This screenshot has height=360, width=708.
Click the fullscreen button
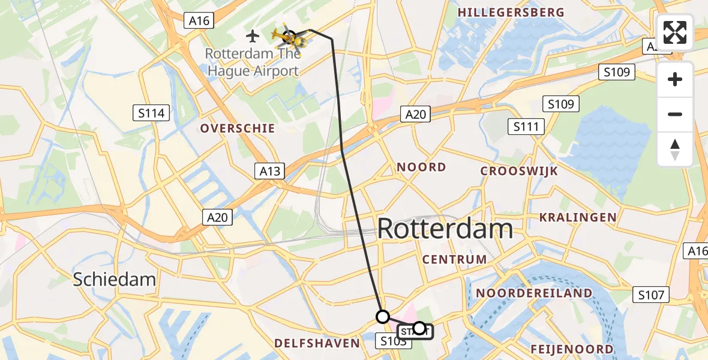(x=675, y=32)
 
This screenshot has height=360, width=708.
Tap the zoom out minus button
(x=675, y=115)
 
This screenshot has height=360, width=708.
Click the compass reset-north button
(x=675, y=149)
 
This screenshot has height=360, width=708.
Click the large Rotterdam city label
(x=445, y=229)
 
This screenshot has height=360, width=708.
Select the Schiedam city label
(x=114, y=279)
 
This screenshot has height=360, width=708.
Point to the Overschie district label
(x=238, y=128)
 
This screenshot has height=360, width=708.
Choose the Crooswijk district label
(x=519, y=171)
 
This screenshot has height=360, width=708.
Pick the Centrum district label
(x=454, y=259)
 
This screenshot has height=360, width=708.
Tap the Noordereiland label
(x=534, y=293)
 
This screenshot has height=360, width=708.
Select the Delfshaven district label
(x=316, y=343)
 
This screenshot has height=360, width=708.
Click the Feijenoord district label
(x=572, y=349)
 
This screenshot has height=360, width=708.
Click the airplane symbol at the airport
(x=253, y=36)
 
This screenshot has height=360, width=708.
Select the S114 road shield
(x=151, y=112)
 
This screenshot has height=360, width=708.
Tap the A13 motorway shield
(x=269, y=171)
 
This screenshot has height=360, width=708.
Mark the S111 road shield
(x=526, y=127)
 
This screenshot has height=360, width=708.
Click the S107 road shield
(x=651, y=295)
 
